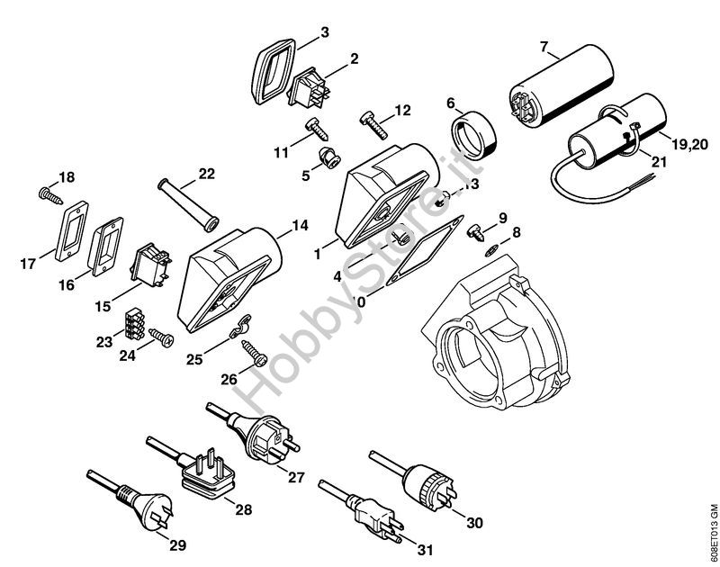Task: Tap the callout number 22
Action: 207,174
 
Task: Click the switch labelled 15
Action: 148,264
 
